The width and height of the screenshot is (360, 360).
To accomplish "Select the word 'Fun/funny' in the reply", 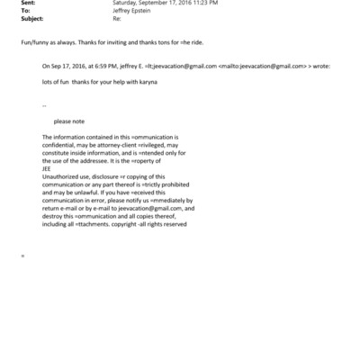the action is pos(34,42).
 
